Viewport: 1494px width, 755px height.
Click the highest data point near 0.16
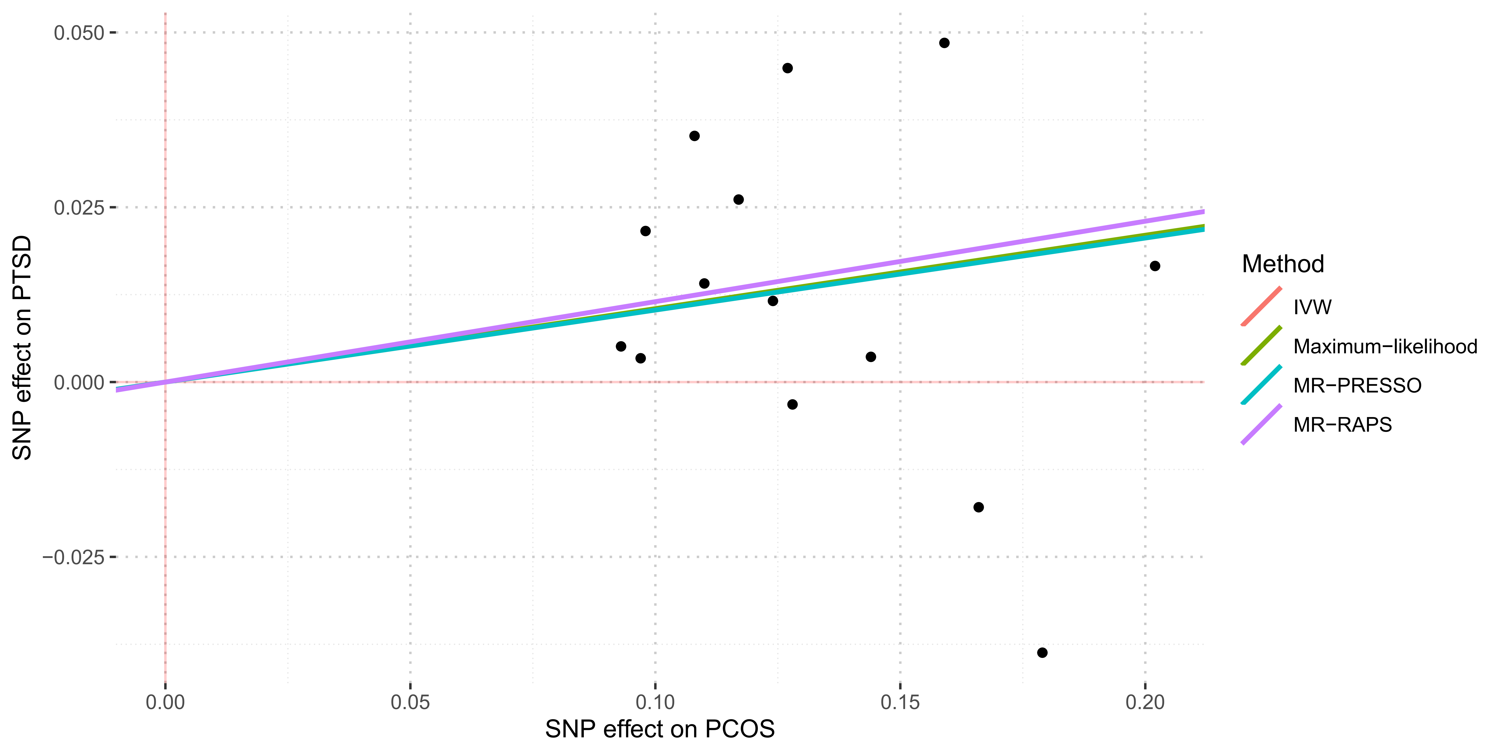(x=944, y=43)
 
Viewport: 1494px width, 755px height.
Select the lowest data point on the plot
(x=1042, y=652)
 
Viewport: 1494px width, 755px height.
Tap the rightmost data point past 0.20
(x=1155, y=266)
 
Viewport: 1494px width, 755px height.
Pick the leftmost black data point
(x=621, y=346)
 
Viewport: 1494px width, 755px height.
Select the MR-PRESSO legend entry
(x=1357, y=385)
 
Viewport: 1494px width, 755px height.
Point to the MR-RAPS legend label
(x=1342, y=425)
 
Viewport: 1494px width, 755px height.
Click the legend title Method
(x=1283, y=264)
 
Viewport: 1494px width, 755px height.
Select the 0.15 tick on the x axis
(x=900, y=702)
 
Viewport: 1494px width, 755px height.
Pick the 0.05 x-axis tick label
(x=410, y=702)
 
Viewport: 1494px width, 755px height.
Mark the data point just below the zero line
(x=792, y=404)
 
